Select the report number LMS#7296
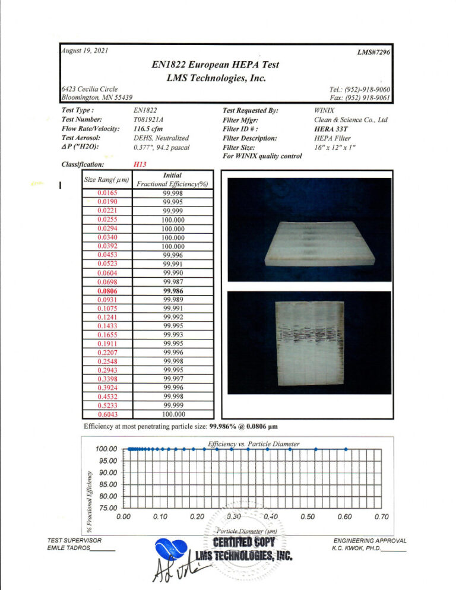pos(372,53)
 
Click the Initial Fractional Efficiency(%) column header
pos(172,180)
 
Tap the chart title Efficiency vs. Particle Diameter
pos(254,443)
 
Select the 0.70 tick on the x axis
pos(381,517)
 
